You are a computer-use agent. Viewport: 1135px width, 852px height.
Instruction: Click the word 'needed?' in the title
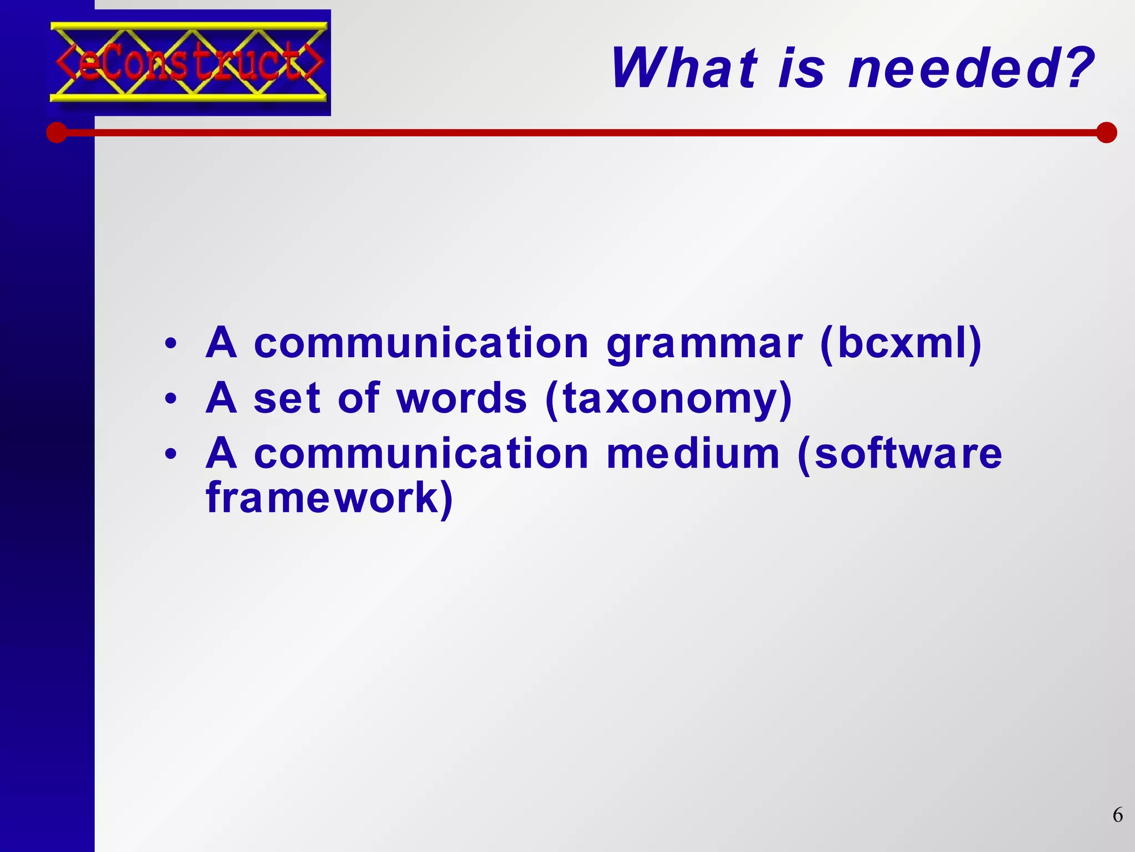pos(971,69)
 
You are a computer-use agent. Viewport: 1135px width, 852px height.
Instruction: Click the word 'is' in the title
pos(801,69)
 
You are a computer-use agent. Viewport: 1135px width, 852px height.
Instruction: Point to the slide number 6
pos(1117,815)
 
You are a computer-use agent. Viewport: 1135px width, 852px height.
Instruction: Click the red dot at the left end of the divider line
pos(57,133)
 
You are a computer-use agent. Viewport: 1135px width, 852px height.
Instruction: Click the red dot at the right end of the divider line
pos(1106,133)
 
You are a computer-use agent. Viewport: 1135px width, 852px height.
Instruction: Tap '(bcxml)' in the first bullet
pos(900,344)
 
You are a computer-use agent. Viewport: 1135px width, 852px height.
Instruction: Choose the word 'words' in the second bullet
pos(462,398)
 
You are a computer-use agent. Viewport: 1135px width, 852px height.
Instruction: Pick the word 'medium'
pos(693,454)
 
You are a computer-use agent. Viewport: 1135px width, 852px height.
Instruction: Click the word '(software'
pos(899,454)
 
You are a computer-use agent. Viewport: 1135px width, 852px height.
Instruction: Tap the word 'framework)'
pos(329,498)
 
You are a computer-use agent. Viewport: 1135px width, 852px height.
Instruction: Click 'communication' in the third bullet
pos(421,454)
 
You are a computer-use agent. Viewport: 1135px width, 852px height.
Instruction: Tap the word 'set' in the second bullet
pos(287,398)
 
